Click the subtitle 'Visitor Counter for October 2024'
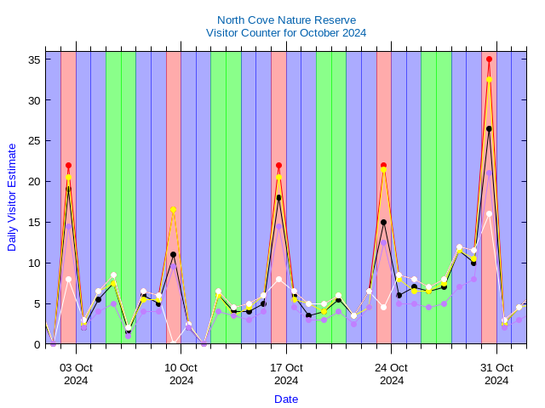pyautogui.click(x=286, y=33)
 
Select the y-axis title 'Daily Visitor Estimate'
pyautogui.click(x=12, y=196)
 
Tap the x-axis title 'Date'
pyautogui.click(x=286, y=399)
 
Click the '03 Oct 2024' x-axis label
pyautogui.click(x=76, y=374)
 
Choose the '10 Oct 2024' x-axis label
pyautogui.click(x=181, y=374)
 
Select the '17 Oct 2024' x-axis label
pyautogui.click(x=286, y=374)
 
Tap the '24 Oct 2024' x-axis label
pyautogui.click(x=392, y=374)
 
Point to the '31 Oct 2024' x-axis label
pyautogui.click(x=496, y=374)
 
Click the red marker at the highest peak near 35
pyautogui.click(x=489, y=59)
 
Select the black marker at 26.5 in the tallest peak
pyautogui.click(x=489, y=128)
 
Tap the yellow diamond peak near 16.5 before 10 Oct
pyautogui.click(x=173, y=210)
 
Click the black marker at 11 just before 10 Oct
pyautogui.click(x=173, y=254)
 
